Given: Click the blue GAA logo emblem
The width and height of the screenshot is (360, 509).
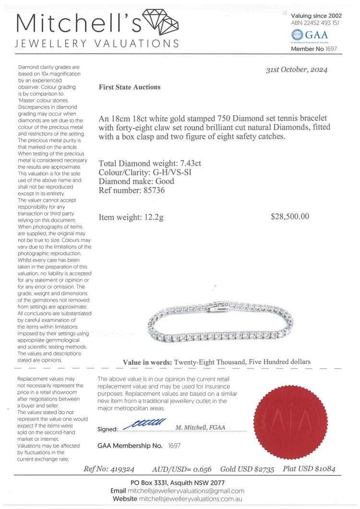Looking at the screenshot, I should (298, 35).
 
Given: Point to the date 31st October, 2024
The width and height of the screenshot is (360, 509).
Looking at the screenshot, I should (297, 70).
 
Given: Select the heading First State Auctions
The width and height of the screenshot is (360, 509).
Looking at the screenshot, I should (130, 87).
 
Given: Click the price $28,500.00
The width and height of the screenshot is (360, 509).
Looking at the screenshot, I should (290, 216).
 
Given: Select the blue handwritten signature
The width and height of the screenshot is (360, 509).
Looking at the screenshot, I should (144, 424).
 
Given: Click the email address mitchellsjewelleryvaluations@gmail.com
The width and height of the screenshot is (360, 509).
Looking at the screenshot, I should (186, 491).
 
